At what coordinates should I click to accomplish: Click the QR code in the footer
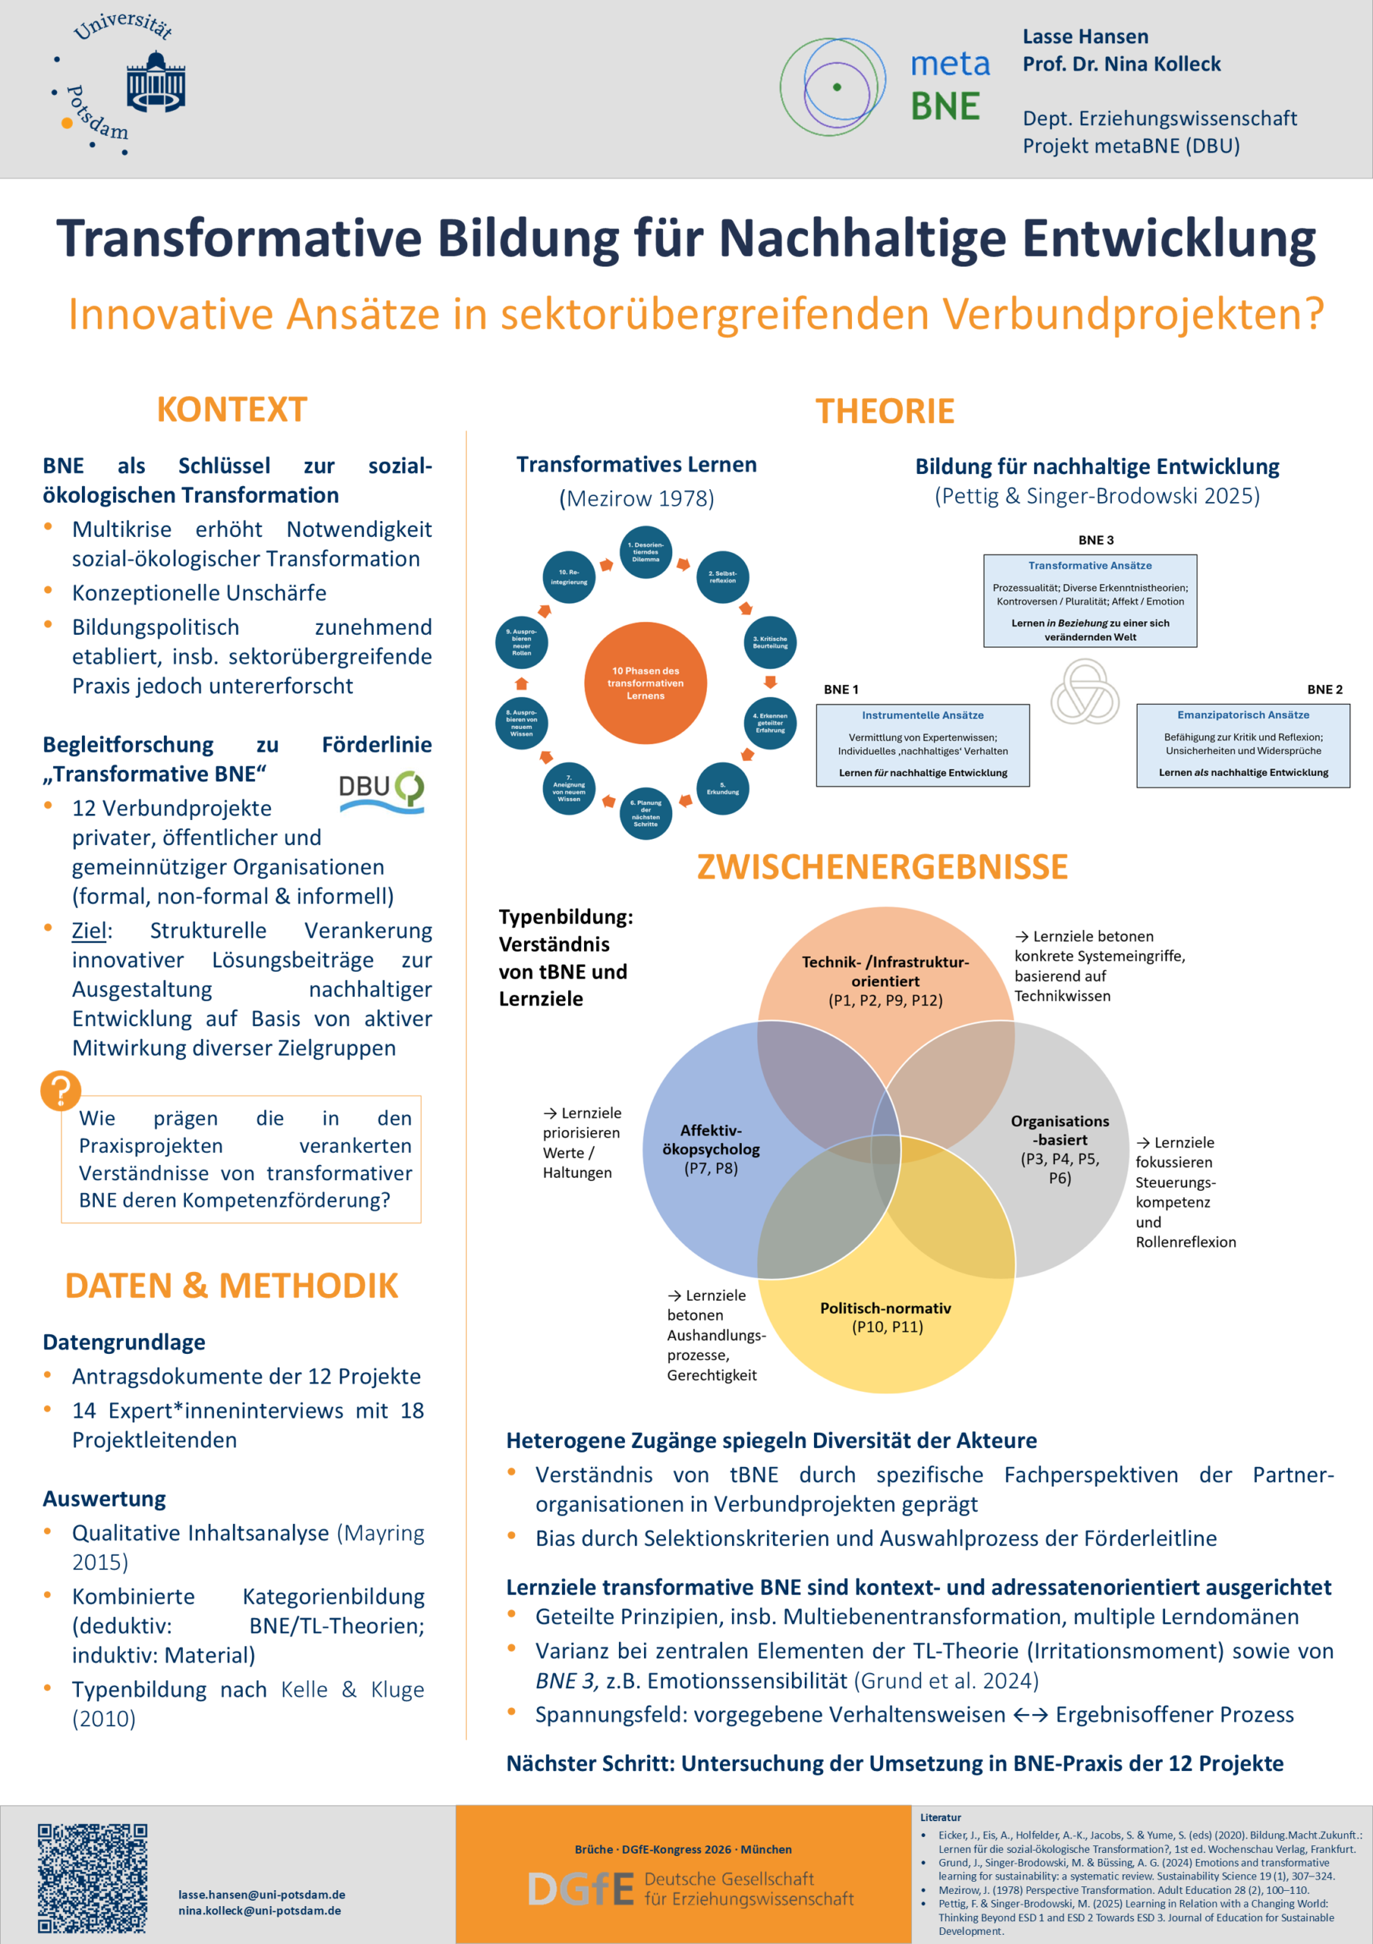click(x=92, y=1878)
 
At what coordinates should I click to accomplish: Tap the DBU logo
click(x=381, y=792)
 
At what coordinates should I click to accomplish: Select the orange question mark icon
click(x=61, y=1090)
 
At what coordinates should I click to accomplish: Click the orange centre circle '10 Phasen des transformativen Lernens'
click(x=645, y=683)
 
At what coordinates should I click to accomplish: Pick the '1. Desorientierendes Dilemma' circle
click(x=645, y=552)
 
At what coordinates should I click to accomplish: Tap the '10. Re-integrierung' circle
click(x=569, y=576)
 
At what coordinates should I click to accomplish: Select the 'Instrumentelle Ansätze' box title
click(x=923, y=715)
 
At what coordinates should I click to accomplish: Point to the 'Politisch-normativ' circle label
click(x=885, y=1308)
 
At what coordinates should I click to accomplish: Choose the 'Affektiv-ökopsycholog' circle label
click(x=711, y=1140)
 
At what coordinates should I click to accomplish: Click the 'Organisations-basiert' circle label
click(x=1060, y=1131)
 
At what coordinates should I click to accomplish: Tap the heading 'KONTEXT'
click(x=232, y=410)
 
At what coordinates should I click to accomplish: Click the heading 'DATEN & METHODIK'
click(x=231, y=1286)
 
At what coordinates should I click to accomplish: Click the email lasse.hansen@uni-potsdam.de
click(x=261, y=1895)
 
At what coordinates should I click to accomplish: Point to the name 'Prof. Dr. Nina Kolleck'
click(x=1122, y=64)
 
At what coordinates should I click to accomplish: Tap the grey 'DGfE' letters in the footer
click(x=581, y=1889)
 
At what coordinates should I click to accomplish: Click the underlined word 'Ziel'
click(x=89, y=930)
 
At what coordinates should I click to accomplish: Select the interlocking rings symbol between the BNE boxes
click(x=1084, y=693)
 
